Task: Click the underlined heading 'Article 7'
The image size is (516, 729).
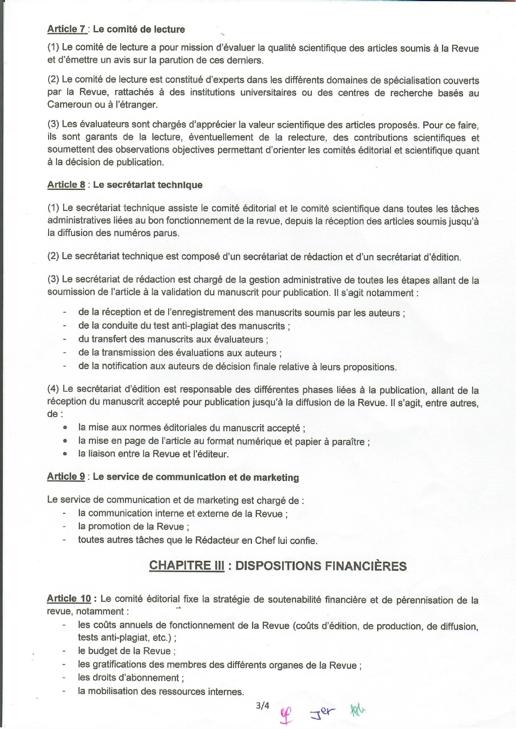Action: [x=66, y=29]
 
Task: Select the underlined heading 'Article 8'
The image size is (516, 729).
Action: [x=66, y=185]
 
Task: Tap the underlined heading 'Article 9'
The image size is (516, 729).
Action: [x=66, y=476]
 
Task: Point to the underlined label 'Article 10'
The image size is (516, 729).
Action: [x=69, y=599]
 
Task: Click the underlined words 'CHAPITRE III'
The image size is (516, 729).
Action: [x=187, y=565]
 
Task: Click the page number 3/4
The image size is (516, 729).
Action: [x=263, y=705]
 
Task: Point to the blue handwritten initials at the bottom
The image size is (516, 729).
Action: [x=322, y=712]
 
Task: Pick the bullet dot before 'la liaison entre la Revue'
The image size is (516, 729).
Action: [x=65, y=454]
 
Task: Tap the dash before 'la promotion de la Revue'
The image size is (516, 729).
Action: [x=64, y=527]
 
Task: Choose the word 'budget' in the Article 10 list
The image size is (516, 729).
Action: [x=102, y=651]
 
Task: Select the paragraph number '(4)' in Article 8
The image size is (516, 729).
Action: [x=53, y=389]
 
